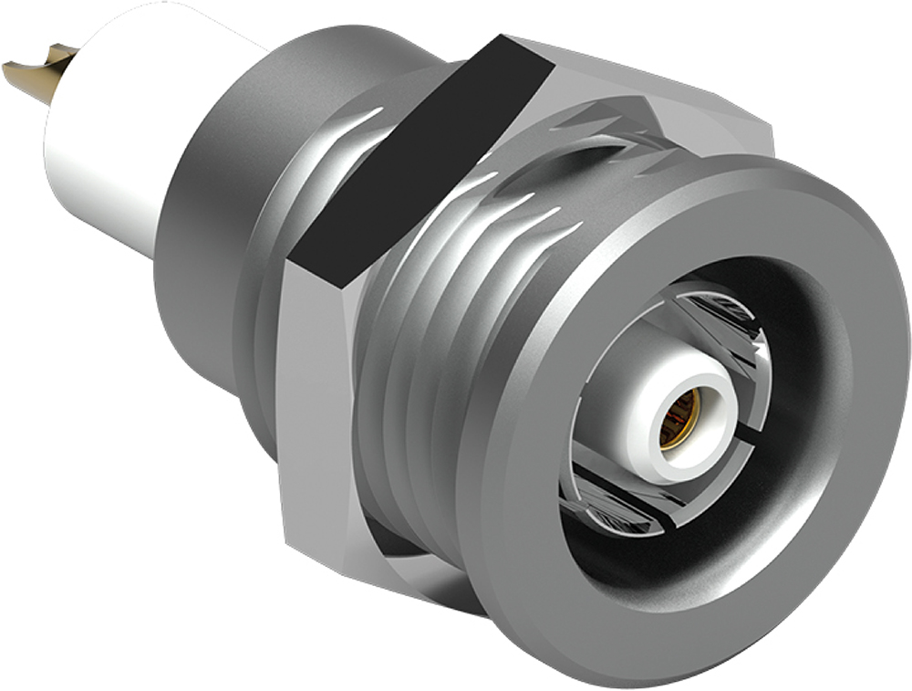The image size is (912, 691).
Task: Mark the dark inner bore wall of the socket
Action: (x=803, y=383)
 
